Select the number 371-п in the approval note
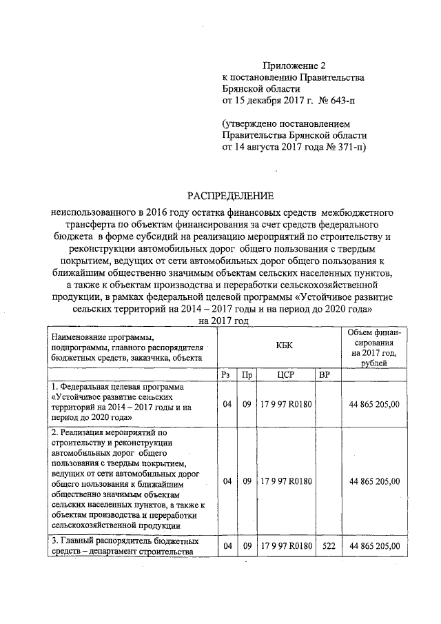[x=347, y=148]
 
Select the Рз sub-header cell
[x=226, y=374]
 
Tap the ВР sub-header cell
[x=326, y=374]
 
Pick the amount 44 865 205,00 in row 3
[x=374, y=546]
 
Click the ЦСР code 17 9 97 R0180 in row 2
[x=286, y=481]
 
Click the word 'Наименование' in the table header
[x=77, y=336]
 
